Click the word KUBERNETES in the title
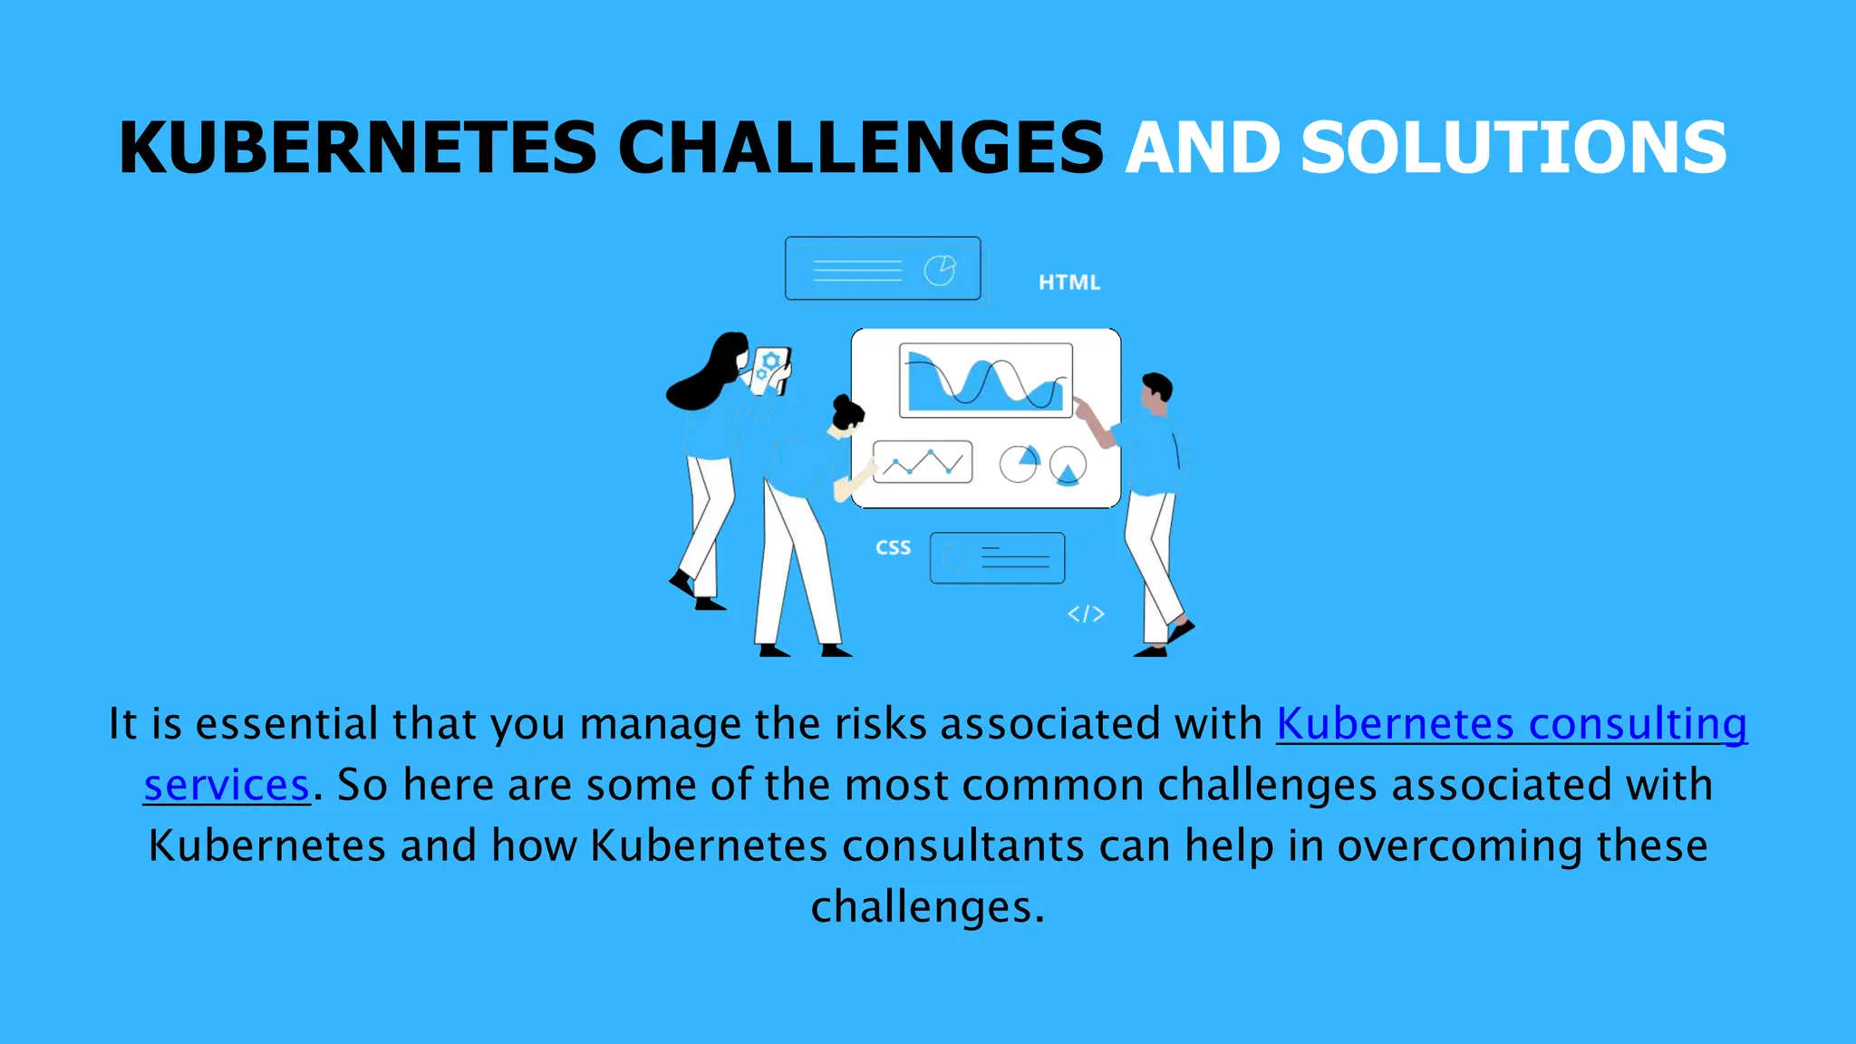(x=357, y=148)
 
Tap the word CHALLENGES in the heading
(x=860, y=148)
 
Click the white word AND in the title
(x=1203, y=148)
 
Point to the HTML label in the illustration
(x=1069, y=283)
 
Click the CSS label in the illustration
(x=893, y=548)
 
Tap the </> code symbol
(x=1086, y=614)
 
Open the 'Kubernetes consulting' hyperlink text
(x=1512, y=724)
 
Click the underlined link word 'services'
(x=227, y=785)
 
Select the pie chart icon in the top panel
(x=940, y=270)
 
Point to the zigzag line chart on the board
(x=923, y=462)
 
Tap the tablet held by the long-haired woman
(x=769, y=371)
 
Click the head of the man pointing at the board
(x=1155, y=391)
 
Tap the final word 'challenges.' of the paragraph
(x=928, y=907)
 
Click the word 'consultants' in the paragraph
(x=963, y=846)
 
